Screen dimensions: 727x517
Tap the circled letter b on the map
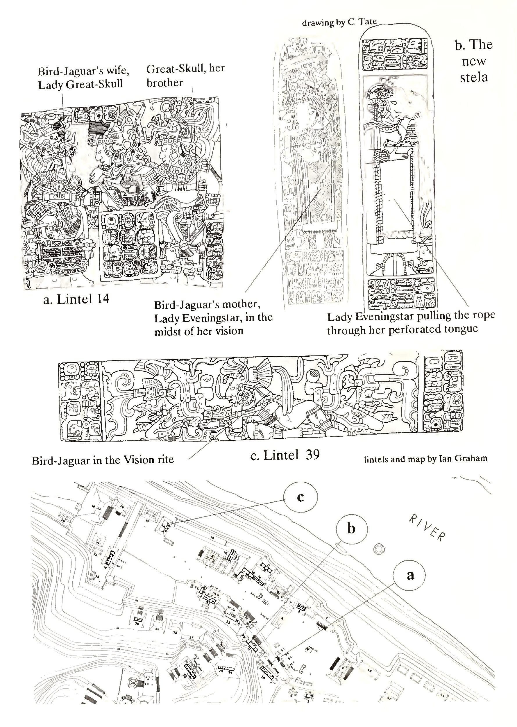click(x=351, y=529)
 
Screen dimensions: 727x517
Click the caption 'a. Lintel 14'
click(x=76, y=299)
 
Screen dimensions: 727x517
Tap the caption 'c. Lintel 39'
click(x=285, y=455)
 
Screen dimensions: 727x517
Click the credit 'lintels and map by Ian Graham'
click(x=425, y=459)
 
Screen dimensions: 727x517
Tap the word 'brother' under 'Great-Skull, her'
click(x=164, y=83)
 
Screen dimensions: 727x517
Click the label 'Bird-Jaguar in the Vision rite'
click(x=103, y=460)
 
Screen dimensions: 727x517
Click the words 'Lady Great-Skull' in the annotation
click(x=80, y=85)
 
